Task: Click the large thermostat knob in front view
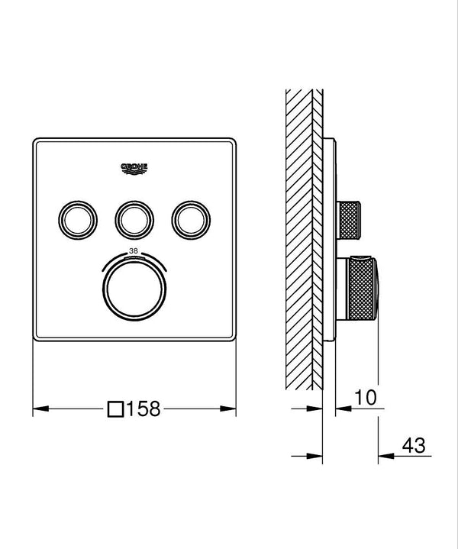[x=133, y=289]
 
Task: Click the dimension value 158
[x=144, y=409]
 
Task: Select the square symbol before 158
[x=116, y=409]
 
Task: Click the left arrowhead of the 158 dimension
[x=37, y=410]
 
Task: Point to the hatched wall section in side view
[x=304, y=229]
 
